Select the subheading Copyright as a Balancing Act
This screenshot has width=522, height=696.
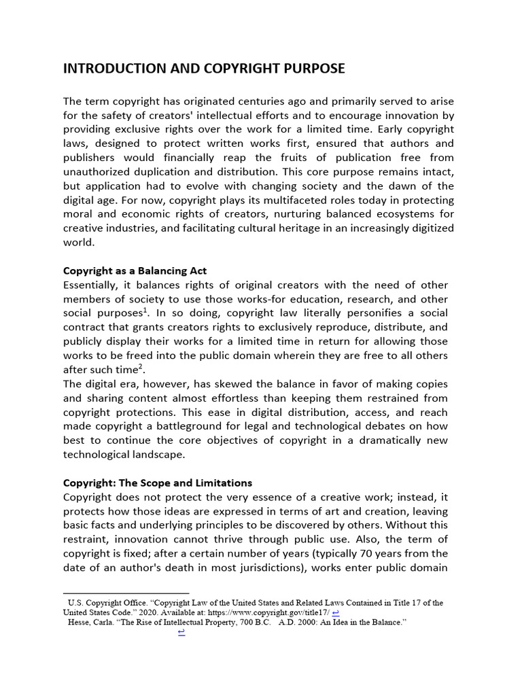point(135,271)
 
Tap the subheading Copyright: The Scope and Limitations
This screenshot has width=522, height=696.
point(157,483)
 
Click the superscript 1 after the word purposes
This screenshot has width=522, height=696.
point(145,310)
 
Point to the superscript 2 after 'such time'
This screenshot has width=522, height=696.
point(141,366)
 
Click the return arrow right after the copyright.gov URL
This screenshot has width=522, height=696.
point(336,612)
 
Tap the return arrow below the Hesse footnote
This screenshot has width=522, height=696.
point(181,632)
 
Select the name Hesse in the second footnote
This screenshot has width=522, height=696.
point(80,621)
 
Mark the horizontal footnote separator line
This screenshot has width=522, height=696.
point(126,593)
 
